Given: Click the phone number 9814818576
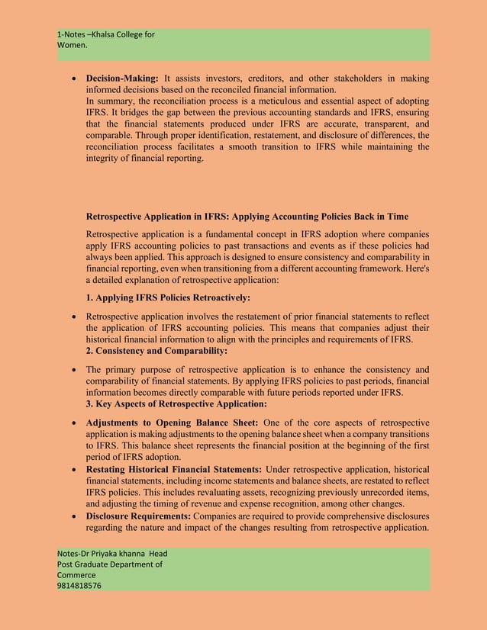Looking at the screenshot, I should click(x=80, y=586).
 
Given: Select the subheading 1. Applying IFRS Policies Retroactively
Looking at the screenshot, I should click(x=168, y=297).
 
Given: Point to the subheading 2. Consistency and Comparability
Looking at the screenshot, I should click(x=157, y=351).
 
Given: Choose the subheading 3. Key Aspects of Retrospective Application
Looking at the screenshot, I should click(x=176, y=403).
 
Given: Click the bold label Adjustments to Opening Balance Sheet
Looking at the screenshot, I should click(x=172, y=423).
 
